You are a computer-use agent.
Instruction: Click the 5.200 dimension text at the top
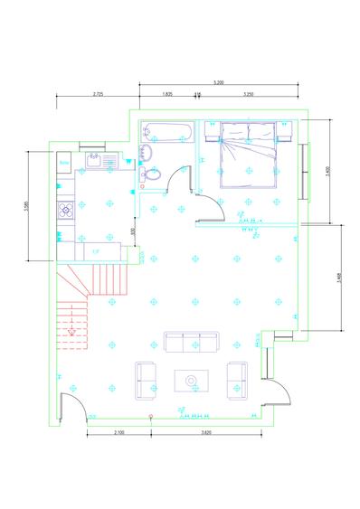pos(218,82)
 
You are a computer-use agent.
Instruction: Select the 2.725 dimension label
pos(98,93)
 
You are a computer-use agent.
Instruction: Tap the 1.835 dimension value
pos(167,93)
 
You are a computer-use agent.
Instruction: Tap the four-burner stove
pos(65,211)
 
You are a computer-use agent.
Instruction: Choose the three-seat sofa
pos(191,342)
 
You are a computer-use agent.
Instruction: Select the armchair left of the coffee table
pos(147,380)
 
